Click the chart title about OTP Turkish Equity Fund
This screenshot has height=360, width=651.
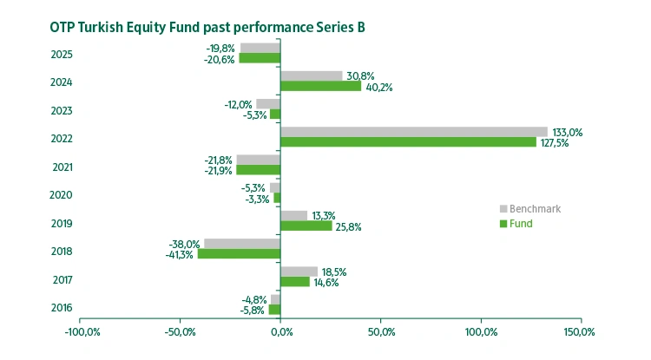[207, 27]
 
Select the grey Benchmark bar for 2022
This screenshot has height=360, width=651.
[413, 132]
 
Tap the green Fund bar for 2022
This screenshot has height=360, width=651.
[408, 142]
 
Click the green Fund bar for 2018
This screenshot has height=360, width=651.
[239, 254]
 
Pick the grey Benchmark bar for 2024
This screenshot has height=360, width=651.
[311, 76]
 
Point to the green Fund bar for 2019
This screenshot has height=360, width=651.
[306, 226]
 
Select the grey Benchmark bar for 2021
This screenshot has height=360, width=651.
[258, 160]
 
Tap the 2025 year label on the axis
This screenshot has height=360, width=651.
[62, 55]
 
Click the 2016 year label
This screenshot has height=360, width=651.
[62, 308]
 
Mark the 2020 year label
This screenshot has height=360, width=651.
[62, 195]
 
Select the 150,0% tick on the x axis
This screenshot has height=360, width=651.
[578, 332]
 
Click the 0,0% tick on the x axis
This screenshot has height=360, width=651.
[280, 332]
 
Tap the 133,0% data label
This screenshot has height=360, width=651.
[568, 133]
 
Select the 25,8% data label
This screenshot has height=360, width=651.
[349, 227]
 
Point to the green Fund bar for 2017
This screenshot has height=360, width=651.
[294, 282]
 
